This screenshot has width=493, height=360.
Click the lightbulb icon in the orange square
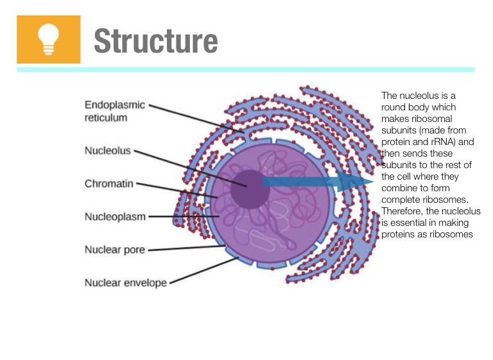click(48, 39)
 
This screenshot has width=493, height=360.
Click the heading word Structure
click(155, 41)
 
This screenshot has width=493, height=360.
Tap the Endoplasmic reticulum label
click(115, 111)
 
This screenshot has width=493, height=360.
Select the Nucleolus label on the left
click(107, 151)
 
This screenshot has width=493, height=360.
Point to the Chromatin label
click(109, 184)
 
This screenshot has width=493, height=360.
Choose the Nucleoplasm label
click(115, 217)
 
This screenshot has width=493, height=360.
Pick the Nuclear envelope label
click(125, 282)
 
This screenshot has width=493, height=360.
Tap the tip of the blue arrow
click(370, 182)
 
